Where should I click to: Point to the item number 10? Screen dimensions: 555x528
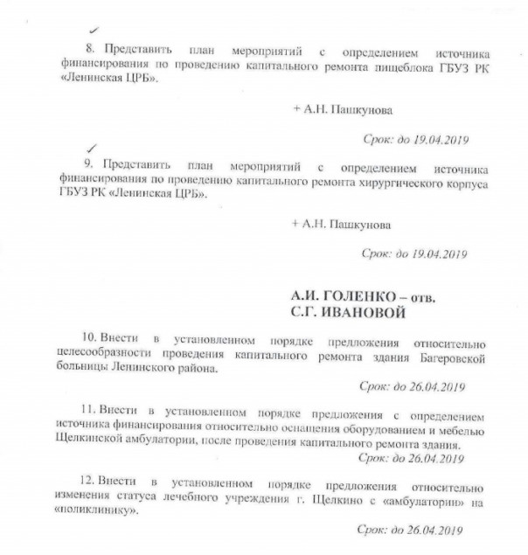click(87, 337)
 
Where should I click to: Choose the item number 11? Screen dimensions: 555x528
click(87, 409)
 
